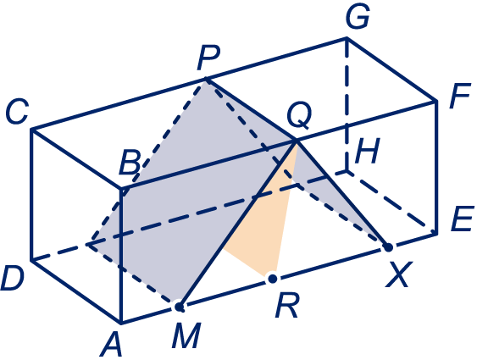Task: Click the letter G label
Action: pyautogui.click(x=358, y=16)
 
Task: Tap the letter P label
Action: pyautogui.click(x=209, y=57)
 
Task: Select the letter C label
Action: pyautogui.click(x=17, y=111)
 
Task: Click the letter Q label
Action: pyautogui.click(x=299, y=116)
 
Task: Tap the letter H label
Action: pyautogui.click(x=368, y=151)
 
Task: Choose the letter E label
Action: pyautogui.click(x=463, y=219)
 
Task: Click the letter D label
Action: pyautogui.click(x=12, y=279)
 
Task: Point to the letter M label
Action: pyautogui.click(x=186, y=335)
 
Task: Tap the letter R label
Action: pyautogui.click(x=287, y=306)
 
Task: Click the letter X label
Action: pyautogui.click(x=398, y=275)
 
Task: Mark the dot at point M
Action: pyautogui.click(x=179, y=307)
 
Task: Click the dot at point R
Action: pyautogui.click(x=273, y=278)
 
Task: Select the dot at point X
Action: pyautogui.click(x=389, y=247)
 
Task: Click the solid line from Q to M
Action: pyautogui.click(x=238, y=224)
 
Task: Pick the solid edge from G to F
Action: pyautogui.click(x=391, y=69)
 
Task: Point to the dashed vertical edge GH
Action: pyautogui.click(x=347, y=105)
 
